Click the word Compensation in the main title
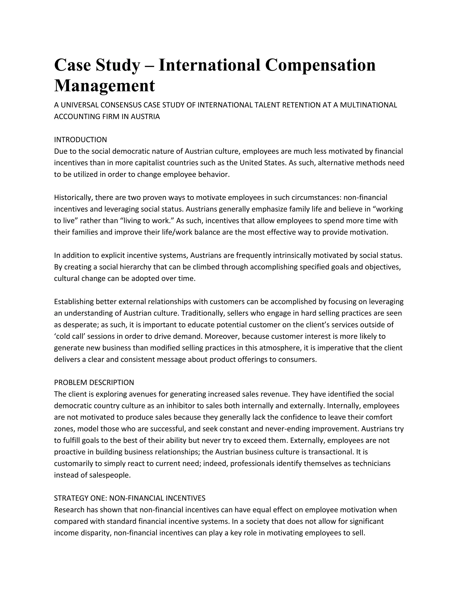click(x=320, y=65)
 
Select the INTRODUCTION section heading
click(x=80, y=140)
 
